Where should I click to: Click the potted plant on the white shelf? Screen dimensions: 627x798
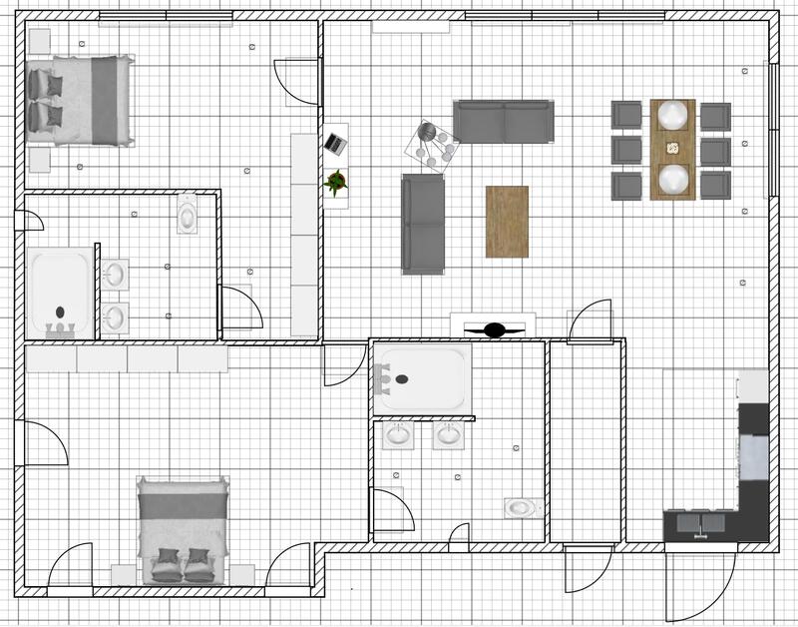pos(336,182)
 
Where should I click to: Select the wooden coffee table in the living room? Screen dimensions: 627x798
pos(507,222)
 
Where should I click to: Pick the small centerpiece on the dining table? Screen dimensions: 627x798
pos(672,147)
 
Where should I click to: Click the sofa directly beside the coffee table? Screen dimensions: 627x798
pos(423,224)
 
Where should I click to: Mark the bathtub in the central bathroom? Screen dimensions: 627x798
pos(420,378)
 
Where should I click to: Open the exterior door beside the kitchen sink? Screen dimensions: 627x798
pos(701,579)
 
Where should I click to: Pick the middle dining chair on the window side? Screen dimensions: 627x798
pos(715,150)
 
